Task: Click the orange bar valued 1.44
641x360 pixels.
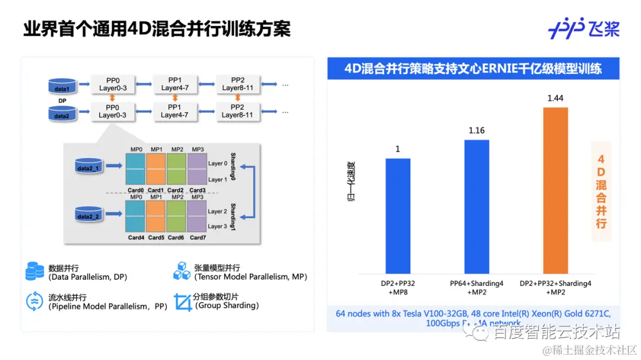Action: point(556,189)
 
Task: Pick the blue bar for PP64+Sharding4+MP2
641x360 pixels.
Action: point(477,205)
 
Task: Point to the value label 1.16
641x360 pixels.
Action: point(477,130)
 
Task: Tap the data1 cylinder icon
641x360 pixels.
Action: point(62,87)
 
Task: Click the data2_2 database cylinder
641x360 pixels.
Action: point(89,215)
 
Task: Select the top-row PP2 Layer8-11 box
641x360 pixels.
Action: point(237,84)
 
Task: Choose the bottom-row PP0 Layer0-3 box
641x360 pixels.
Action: point(112,111)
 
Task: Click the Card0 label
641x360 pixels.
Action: point(136,190)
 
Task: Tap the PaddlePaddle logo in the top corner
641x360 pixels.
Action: point(583,28)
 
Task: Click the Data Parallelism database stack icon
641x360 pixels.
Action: point(35,271)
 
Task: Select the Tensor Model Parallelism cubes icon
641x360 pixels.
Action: point(181,271)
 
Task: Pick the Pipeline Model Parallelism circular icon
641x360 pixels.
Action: point(35,301)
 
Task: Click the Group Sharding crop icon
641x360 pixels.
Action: point(181,301)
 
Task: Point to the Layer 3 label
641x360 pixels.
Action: point(217,227)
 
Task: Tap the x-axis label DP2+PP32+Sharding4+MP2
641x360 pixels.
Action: point(555,288)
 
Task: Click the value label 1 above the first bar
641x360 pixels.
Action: point(398,149)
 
